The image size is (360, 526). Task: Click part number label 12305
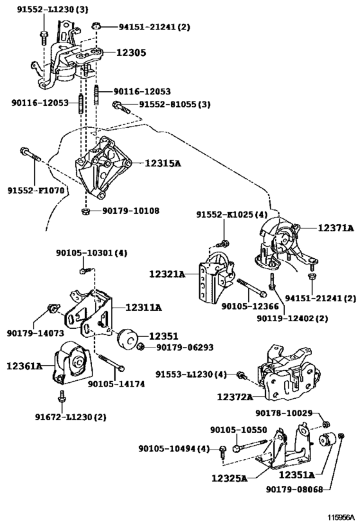pos(131,53)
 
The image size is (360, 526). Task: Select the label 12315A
pos(163,163)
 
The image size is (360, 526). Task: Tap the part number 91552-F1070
pos(35,191)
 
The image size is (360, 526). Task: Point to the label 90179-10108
pos(131,211)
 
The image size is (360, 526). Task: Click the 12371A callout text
pos(336,228)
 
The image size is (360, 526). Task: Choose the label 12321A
pos(167,274)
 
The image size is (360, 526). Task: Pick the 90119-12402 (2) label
pos(292,318)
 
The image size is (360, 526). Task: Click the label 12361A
pos(24,365)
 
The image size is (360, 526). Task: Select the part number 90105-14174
pos(116,384)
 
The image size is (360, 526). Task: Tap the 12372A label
pos(235,397)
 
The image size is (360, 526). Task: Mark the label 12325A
pos(230,478)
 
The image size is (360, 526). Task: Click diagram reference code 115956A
pos(341,517)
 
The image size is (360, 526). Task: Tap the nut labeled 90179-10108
pos(85,211)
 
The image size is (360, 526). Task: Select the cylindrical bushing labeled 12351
pos(127,338)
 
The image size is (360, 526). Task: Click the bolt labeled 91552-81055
pos(122,107)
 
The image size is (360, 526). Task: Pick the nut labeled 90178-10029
pos(325,425)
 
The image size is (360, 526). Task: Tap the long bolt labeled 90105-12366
pos(251,288)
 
